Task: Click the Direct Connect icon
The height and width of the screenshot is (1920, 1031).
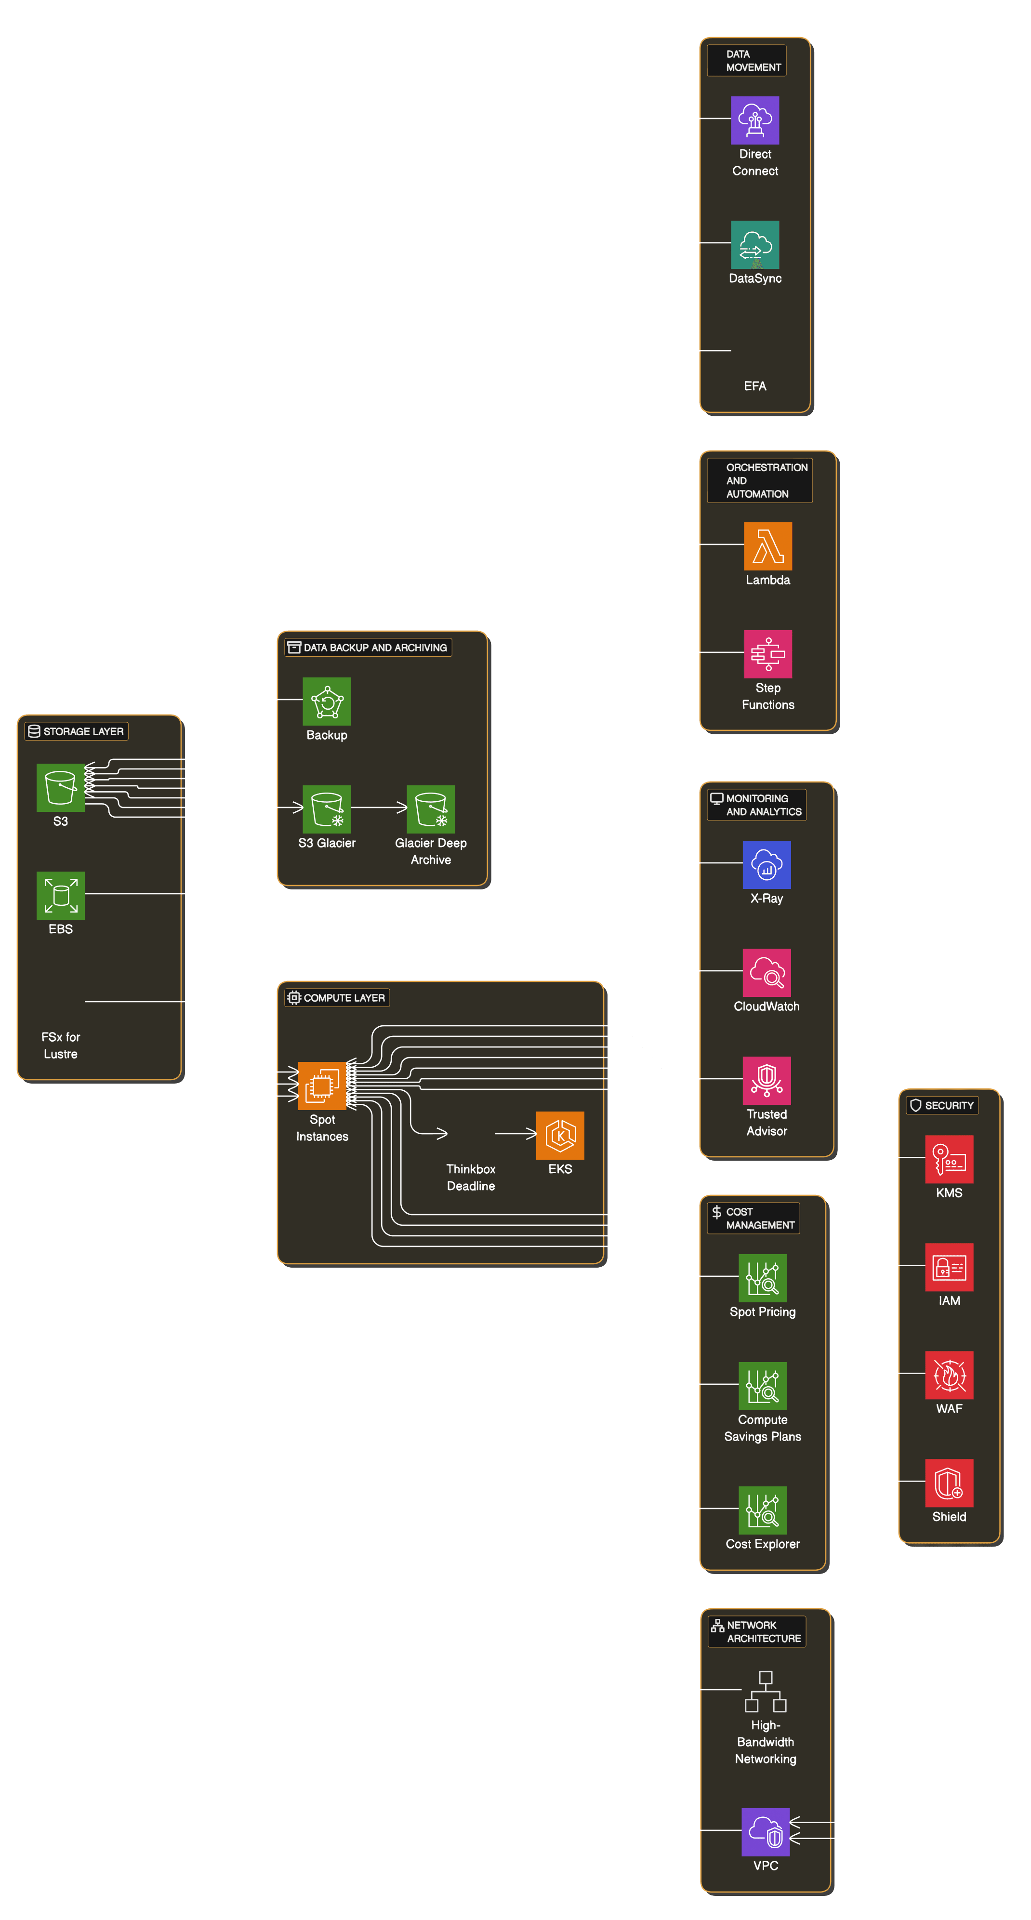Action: coord(754,120)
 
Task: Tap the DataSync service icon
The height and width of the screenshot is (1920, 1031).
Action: coord(754,244)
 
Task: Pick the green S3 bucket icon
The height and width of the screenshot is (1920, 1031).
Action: coord(60,787)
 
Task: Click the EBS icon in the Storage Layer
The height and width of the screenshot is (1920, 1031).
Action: coord(60,895)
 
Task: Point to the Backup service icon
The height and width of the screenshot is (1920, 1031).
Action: coord(327,702)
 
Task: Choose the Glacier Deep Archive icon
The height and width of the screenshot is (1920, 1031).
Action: coord(431,809)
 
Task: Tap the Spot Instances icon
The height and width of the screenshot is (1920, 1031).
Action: coord(322,1086)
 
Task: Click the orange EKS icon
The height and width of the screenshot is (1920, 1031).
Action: coord(560,1135)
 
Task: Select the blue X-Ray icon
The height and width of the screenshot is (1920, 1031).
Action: coord(767,864)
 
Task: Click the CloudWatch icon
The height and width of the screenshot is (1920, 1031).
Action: coord(767,973)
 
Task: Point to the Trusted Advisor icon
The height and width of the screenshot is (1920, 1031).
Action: coord(767,1081)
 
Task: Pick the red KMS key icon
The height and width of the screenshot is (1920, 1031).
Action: coord(949,1159)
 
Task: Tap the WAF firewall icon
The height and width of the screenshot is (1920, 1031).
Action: coord(949,1375)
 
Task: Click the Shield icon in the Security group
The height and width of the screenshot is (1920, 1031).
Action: coord(949,1483)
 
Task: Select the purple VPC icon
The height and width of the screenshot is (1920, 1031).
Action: coord(766,1832)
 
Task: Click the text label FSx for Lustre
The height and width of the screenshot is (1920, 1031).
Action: coord(60,1045)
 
